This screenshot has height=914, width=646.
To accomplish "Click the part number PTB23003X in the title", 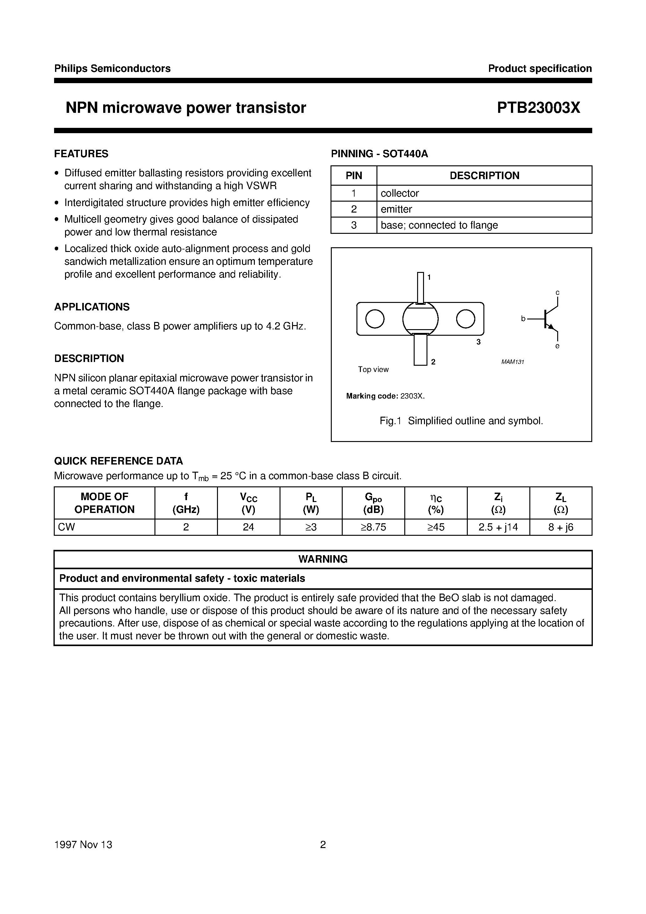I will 538,108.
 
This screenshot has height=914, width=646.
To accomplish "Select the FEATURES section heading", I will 81,154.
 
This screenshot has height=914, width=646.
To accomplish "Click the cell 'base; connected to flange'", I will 439,225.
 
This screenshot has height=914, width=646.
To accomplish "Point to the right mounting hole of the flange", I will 465,319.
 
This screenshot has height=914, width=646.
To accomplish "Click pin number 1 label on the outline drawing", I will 429,278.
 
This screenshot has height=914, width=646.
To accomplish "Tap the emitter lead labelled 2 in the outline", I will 420,349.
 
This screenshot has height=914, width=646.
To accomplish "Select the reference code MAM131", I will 512,362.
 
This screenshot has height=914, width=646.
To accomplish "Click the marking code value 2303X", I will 413,396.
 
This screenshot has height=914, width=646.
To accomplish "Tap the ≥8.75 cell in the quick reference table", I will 373,527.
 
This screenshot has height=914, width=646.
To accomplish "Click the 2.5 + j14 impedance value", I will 498,527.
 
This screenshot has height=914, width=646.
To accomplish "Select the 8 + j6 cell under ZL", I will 560,527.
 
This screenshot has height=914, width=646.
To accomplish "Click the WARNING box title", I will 323,559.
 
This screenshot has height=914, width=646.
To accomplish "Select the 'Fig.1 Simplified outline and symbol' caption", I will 461,421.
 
